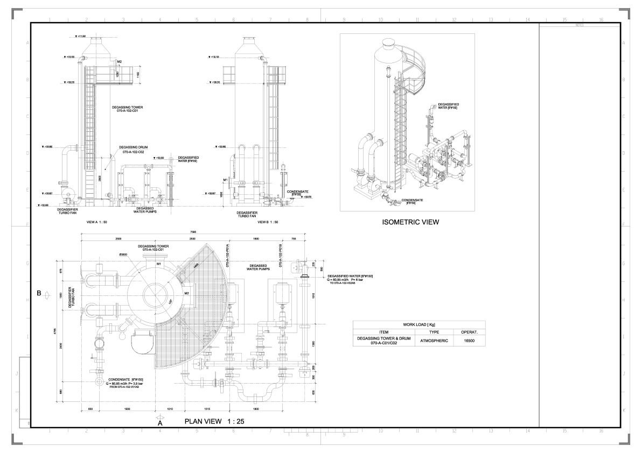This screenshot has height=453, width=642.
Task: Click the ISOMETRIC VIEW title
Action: [410, 222]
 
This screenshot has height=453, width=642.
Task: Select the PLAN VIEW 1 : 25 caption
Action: [214, 422]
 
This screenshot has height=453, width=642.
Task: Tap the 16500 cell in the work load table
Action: [469, 341]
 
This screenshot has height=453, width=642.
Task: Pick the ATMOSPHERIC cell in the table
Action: [434, 341]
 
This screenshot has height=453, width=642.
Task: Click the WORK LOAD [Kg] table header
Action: [419, 325]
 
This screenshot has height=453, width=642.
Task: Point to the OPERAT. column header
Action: [469, 332]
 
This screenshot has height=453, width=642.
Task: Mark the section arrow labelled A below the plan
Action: [159, 421]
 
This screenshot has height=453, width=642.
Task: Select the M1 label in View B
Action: [226, 179]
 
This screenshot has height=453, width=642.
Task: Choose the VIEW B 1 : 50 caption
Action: [268, 222]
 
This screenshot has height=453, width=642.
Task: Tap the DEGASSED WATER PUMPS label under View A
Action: [145, 210]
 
